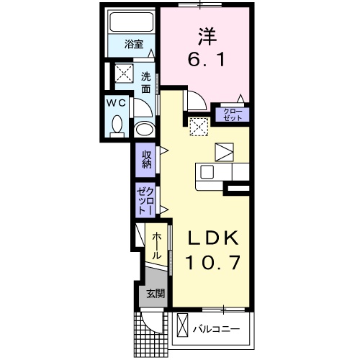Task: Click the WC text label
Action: tap(117, 102)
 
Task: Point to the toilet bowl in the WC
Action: tap(118, 125)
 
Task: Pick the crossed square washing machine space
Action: tap(121, 73)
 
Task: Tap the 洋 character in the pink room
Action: tap(206, 35)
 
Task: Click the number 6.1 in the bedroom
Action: tap(206, 61)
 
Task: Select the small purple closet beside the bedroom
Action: tap(232, 113)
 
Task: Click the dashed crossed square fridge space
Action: tap(198, 126)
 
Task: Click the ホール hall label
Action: tap(156, 245)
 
